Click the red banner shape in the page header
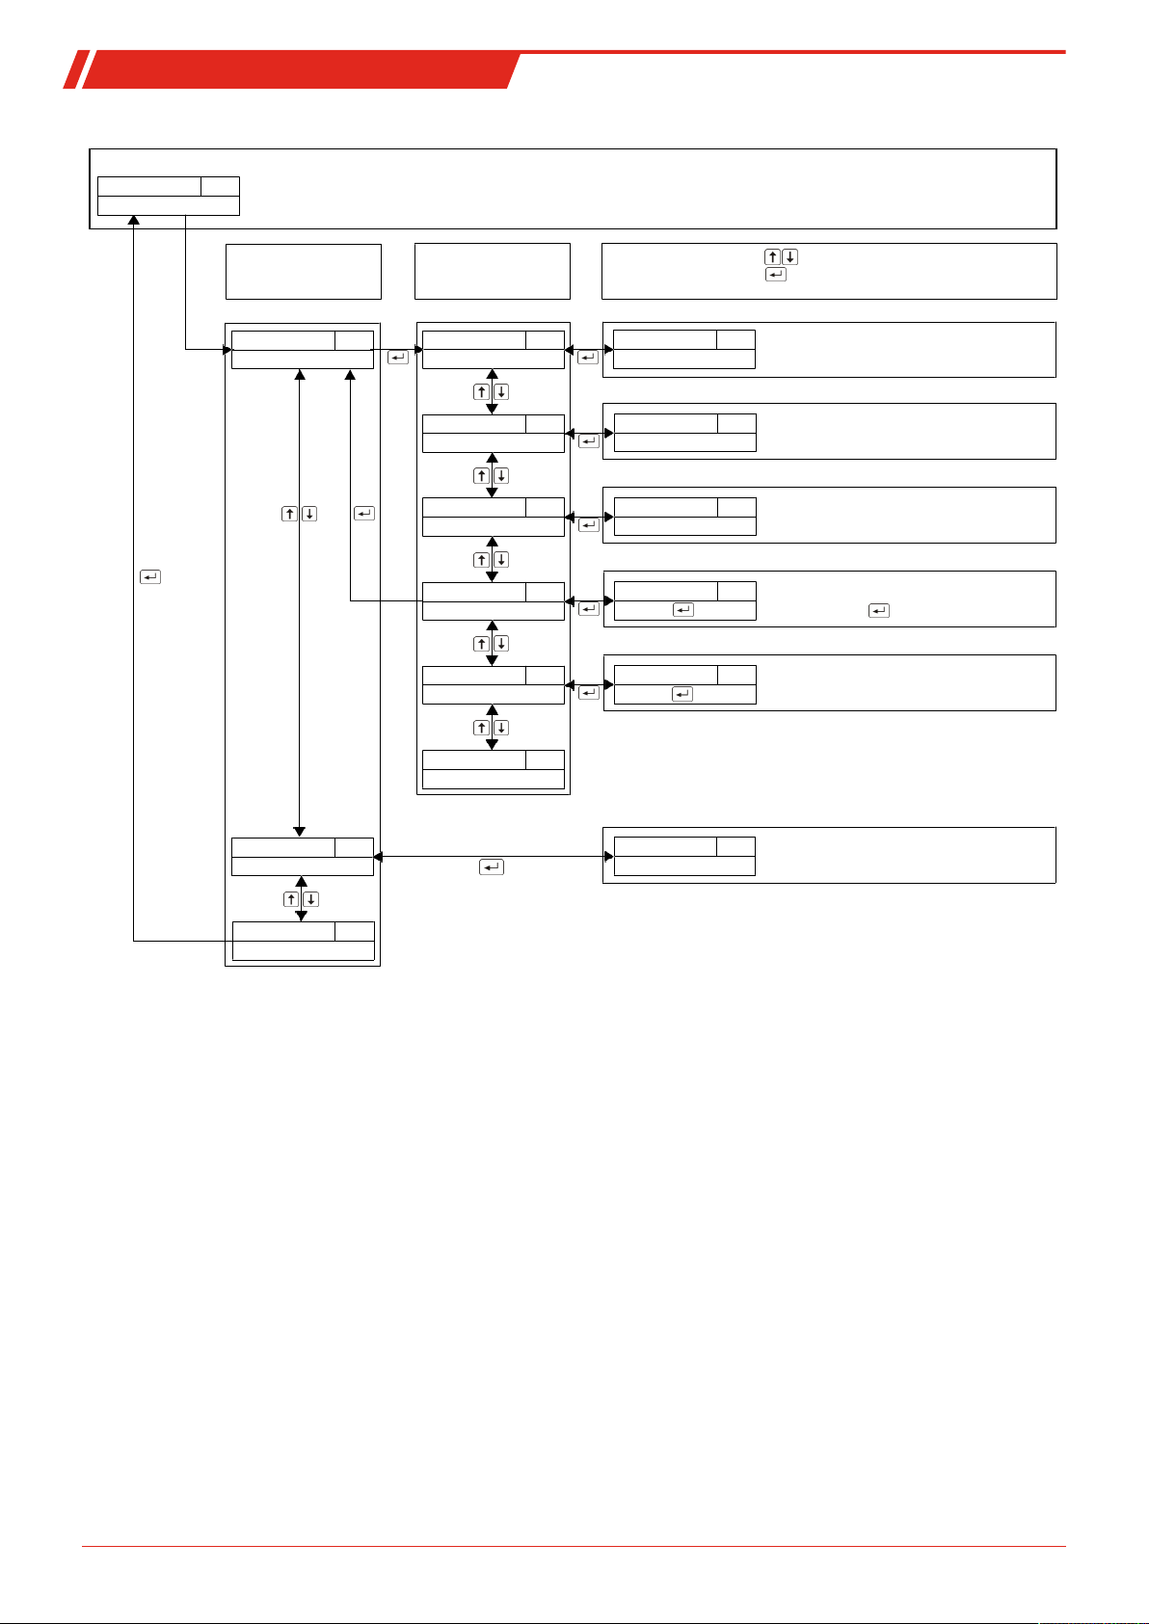299,70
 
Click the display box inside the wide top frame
169,196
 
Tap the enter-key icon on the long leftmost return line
150,577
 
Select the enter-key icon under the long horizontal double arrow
491,867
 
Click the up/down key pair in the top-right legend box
781,257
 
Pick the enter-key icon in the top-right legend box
775,275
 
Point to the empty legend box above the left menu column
303,272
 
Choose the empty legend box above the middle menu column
492,272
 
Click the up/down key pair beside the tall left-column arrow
300,514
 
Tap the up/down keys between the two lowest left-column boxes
301,899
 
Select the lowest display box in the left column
303,941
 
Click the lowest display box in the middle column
493,770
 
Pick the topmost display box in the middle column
493,349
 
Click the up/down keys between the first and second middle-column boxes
492,392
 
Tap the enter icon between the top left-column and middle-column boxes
397,359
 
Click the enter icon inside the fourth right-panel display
682,610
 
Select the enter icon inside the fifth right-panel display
681,694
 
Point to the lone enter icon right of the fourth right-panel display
878,610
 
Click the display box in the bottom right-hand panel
684,856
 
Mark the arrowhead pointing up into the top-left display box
134,221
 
